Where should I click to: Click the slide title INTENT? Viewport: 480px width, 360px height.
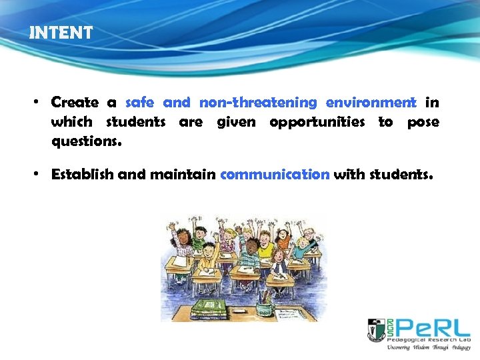click(61, 33)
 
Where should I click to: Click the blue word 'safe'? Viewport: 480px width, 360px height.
click(139, 103)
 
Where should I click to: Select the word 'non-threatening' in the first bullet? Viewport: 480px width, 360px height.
click(258, 103)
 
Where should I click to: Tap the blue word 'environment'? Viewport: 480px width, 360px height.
click(371, 103)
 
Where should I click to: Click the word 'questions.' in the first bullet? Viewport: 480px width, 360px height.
click(87, 141)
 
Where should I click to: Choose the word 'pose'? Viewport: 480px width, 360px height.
click(423, 122)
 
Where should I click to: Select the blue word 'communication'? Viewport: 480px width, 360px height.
click(275, 175)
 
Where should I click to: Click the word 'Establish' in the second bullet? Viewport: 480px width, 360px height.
click(83, 175)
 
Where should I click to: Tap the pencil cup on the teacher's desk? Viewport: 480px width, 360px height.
click(265, 307)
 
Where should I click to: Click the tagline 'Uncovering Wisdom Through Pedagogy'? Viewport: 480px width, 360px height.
click(428, 347)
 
